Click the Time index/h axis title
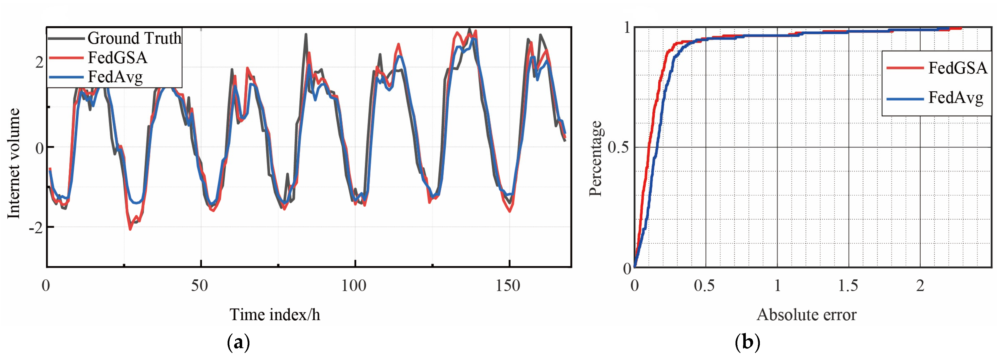coord(275,314)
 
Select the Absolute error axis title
coord(806,314)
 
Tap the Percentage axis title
coord(596,159)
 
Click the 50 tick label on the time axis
coord(199,286)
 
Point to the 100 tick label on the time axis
coord(354,286)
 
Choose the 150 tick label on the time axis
coord(508,286)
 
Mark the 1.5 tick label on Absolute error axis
coord(848,286)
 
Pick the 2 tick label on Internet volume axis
coord(39,62)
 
